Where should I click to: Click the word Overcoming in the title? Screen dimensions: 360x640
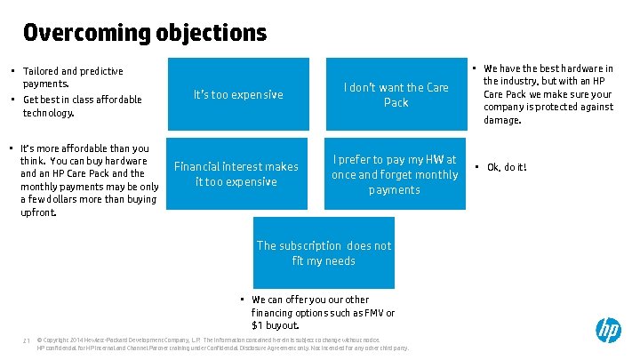(x=76, y=33)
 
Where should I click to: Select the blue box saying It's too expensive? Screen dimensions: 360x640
(x=238, y=94)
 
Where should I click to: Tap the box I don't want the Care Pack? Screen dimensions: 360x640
(x=396, y=94)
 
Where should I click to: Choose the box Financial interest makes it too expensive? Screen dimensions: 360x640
(x=236, y=173)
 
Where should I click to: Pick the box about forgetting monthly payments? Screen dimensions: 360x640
(x=395, y=173)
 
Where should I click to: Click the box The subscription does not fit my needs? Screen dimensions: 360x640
(x=324, y=252)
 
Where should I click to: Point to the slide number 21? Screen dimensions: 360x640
(x=28, y=340)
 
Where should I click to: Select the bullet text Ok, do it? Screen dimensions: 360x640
(x=507, y=167)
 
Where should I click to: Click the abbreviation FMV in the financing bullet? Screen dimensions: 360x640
(x=373, y=313)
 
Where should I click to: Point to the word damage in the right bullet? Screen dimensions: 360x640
(x=503, y=119)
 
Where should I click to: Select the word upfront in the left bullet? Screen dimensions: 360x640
(x=37, y=212)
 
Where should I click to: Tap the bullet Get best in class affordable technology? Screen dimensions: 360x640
(x=82, y=106)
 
